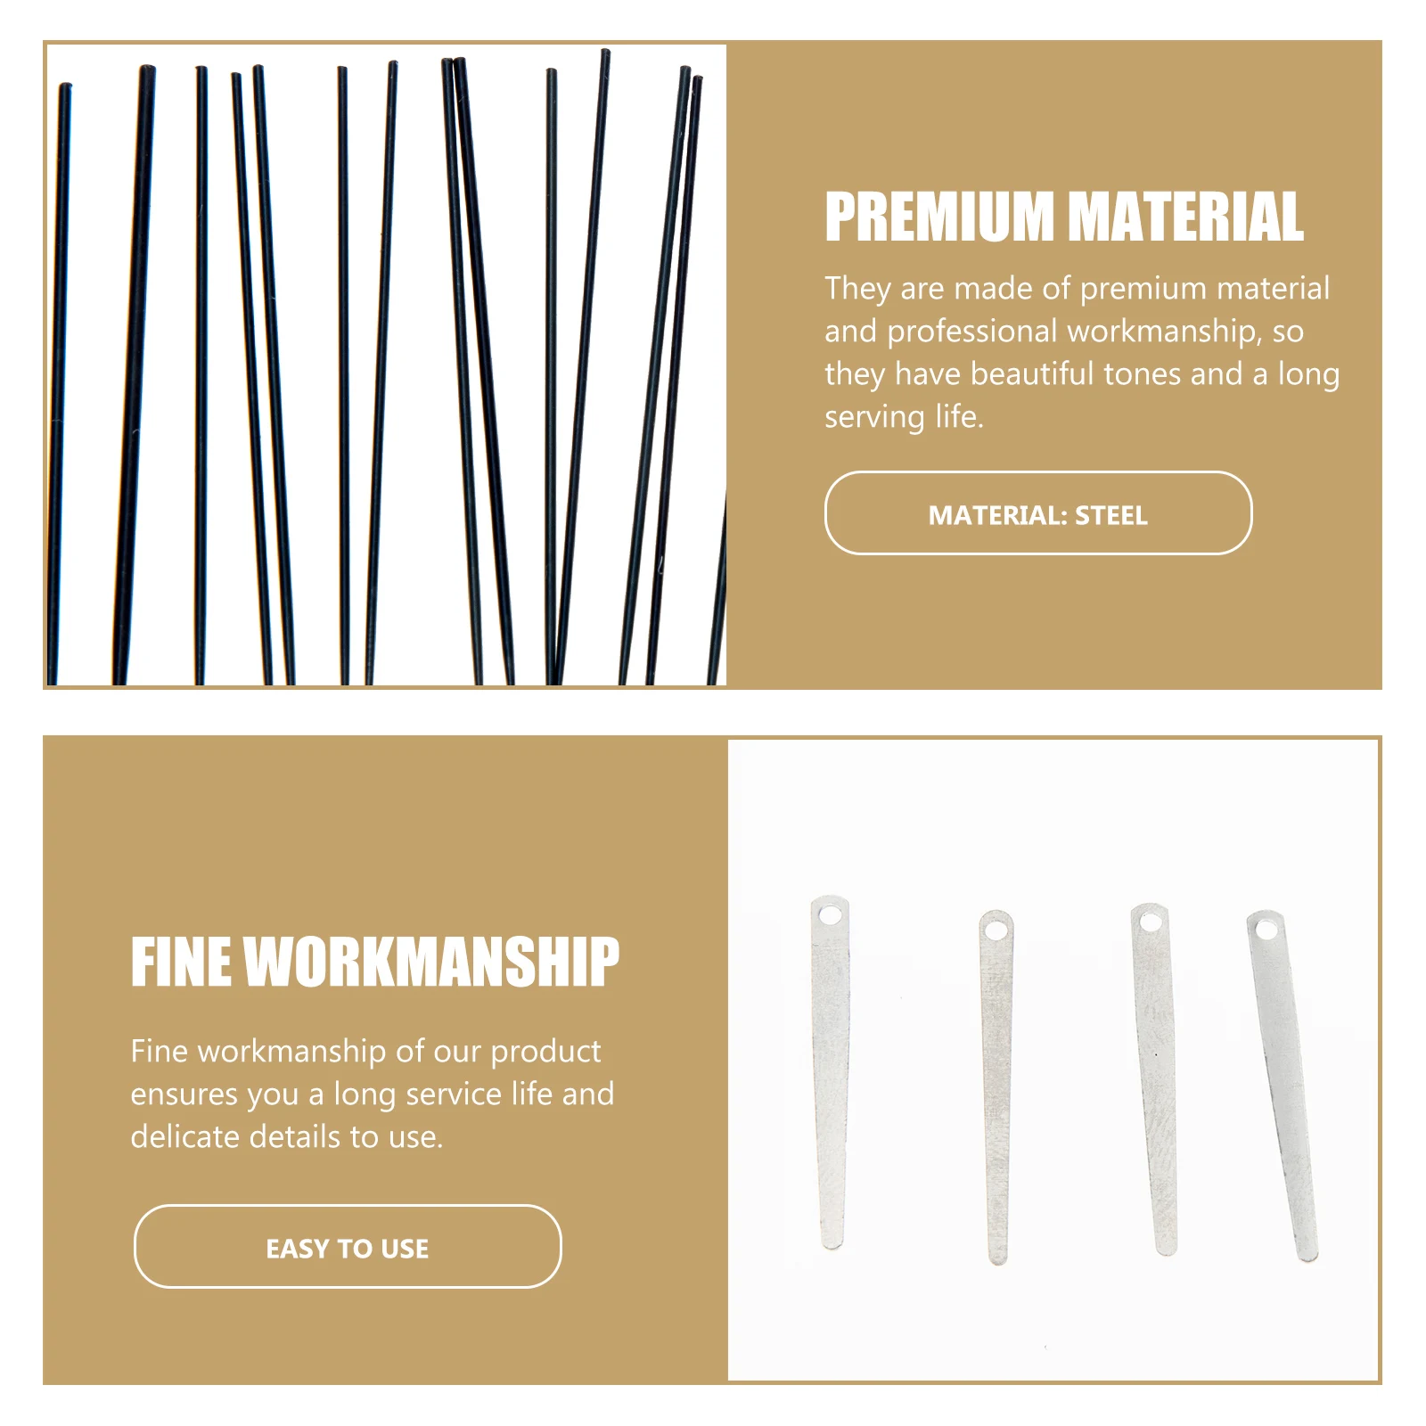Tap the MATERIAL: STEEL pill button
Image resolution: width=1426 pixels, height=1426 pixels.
point(1037,513)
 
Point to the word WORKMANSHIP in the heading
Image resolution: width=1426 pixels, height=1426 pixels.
point(431,962)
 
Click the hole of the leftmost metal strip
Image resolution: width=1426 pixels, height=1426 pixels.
point(830,915)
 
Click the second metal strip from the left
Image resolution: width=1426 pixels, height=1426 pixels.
point(996,1087)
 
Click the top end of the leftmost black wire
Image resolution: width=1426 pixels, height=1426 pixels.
point(65,88)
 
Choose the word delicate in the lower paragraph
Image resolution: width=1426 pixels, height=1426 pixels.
point(184,1137)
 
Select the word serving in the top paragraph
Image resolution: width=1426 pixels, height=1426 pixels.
point(874,417)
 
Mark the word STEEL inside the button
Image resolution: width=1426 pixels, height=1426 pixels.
point(1111,515)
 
